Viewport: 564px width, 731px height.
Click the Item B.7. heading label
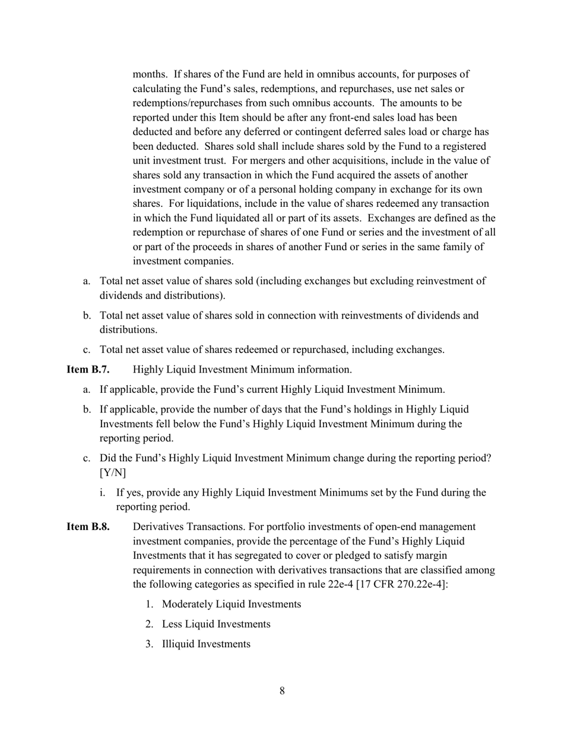[x=88, y=370]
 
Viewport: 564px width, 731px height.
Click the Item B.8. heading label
[x=88, y=527]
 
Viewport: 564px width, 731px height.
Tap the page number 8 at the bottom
[x=282, y=691]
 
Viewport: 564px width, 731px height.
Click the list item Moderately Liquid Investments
[x=231, y=604]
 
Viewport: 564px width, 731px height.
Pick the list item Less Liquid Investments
[x=216, y=624]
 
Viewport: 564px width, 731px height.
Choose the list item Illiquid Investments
[x=205, y=644]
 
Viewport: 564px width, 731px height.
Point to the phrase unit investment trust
[x=184, y=160]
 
